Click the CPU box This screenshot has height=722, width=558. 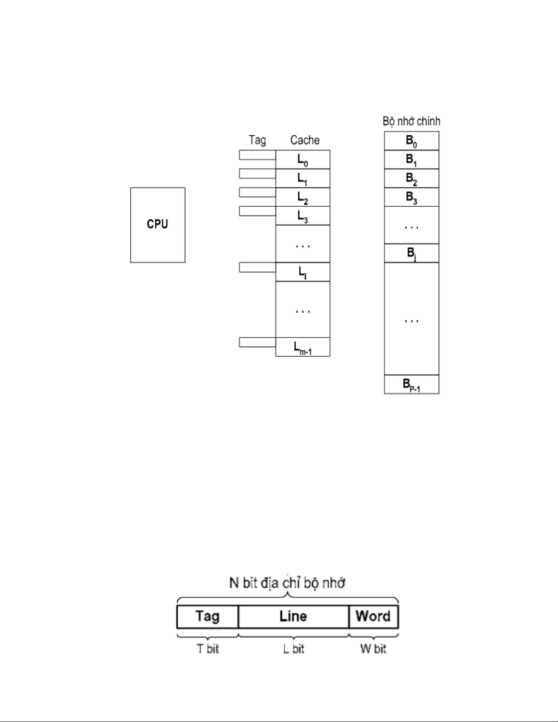tap(158, 225)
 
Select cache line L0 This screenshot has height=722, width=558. tap(302, 160)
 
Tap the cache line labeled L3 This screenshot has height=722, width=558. tap(302, 216)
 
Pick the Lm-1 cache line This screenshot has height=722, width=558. tap(302, 347)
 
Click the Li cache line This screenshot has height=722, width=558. tap(302, 272)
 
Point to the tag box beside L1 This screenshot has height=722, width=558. tap(257, 174)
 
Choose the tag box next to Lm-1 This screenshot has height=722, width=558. tap(257, 342)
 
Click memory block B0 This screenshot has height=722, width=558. tap(411, 141)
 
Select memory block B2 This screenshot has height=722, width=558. tap(411, 179)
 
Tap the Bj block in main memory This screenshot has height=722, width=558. tap(411, 253)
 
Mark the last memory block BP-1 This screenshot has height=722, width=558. tap(411, 384)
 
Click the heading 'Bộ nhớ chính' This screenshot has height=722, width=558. tap(411, 121)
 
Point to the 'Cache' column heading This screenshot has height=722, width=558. tap(305, 140)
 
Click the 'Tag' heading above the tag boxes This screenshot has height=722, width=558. tap(257, 140)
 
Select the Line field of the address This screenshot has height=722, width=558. tap(293, 617)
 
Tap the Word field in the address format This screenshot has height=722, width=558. tap(373, 617)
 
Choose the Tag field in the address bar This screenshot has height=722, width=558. tap(207, 617)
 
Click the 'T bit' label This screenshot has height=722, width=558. tap(208, 649)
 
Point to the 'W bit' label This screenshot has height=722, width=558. tap(373, 649)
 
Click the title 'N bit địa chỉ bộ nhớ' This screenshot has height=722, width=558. tap(287, 583)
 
